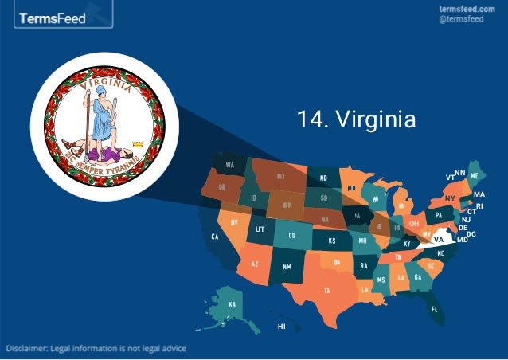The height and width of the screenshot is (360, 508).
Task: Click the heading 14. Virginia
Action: [356, 120]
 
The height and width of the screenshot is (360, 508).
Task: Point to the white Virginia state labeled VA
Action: [438, 238]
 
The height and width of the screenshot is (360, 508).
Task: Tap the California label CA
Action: [214, 237]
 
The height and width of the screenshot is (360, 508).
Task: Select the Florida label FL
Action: [435, 308]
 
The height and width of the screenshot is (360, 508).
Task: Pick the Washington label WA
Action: [229, 165]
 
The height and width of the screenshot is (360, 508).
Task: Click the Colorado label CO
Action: [291, 236]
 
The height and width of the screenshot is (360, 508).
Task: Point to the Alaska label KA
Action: [232, 305]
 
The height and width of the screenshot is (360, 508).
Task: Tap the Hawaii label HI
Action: [281, 327]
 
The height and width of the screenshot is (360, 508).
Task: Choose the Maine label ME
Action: [475, 174]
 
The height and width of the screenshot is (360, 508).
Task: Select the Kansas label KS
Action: [331, 240]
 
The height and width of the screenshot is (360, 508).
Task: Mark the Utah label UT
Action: [260, 229]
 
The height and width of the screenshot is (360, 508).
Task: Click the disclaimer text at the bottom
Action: [98, 349]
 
